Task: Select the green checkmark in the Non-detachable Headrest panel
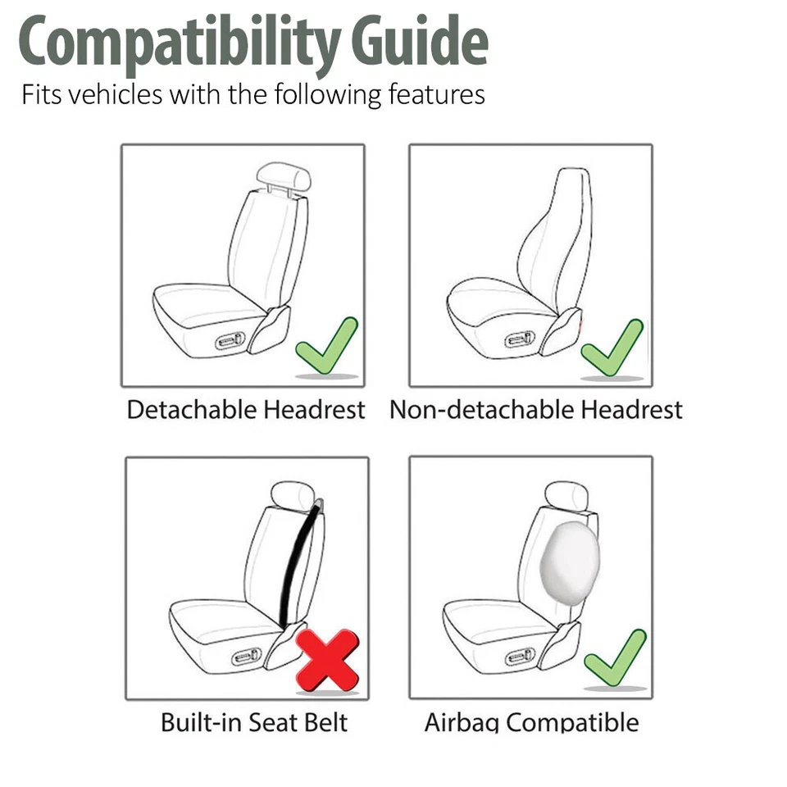tap(612, 348)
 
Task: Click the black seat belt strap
tap(297, 566)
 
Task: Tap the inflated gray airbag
tap(570, 562)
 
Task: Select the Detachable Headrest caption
tap(246, 409)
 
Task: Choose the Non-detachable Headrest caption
tap(535, 409)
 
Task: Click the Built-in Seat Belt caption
tap(254, 722)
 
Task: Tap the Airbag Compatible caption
tap(531, 722)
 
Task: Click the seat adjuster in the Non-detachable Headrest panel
tap(521, 339)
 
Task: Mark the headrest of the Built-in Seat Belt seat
tap(292, 495)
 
